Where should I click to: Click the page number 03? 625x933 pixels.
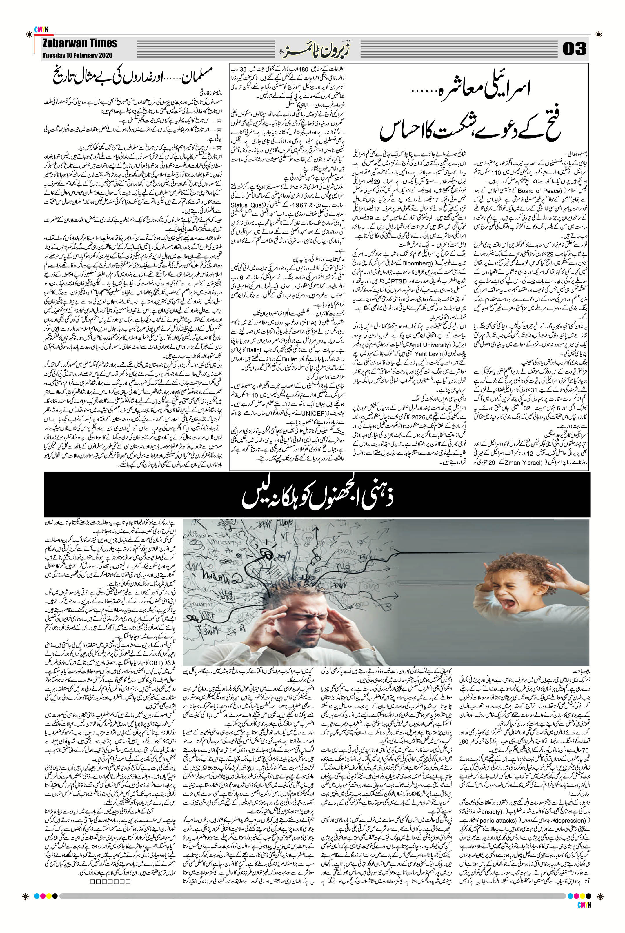coord(574,49)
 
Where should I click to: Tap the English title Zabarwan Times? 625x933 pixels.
coord(81,43)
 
